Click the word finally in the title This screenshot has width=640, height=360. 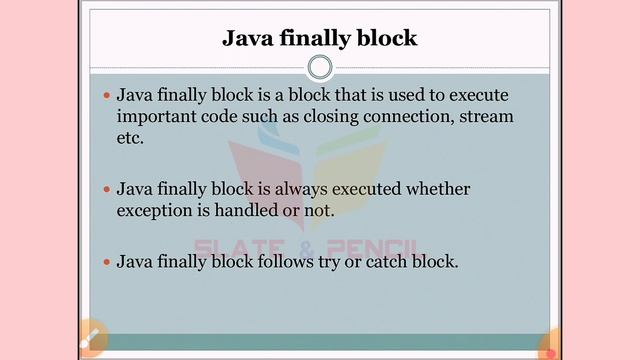point(319,39)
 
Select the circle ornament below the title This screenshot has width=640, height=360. point(320,67)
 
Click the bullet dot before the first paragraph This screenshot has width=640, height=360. point(108,96)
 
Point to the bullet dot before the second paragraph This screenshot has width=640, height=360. point(108,189)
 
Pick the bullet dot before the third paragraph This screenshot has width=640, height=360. point(108,262)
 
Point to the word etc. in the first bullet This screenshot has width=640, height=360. point(131,139)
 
